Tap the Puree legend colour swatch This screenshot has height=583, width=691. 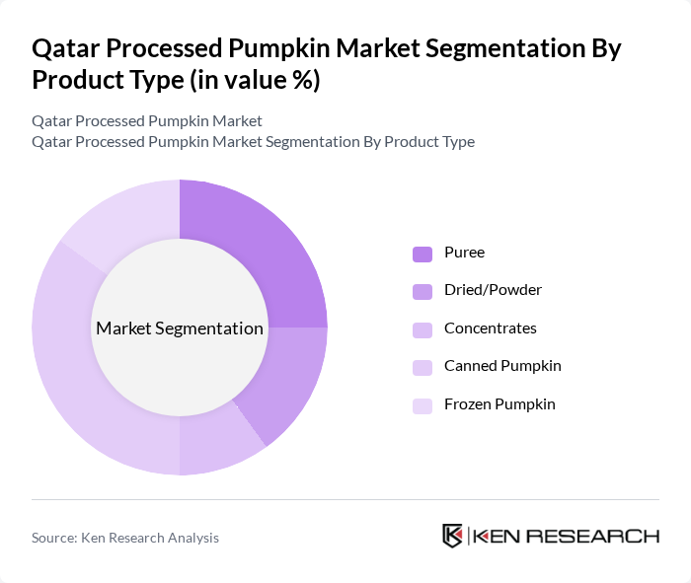tap(422, 254)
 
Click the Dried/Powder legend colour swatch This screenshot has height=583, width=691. tap(422, 291)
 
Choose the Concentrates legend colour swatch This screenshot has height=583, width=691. tap(422, 329)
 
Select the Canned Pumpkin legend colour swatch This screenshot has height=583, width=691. tap(422, 367)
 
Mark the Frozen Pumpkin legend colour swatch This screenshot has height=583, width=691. tap(422, 405)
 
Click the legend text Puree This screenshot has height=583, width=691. tap(464, 253)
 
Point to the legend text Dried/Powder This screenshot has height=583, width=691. tap(493, 290)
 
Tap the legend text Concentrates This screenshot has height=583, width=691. tap(491, 328)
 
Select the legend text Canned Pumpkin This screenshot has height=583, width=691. tap(502, 366)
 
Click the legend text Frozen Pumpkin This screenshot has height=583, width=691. tap(500, 404)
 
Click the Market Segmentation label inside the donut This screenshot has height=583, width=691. tap(180, 328)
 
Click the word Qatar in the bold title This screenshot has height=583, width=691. tap(67, 48)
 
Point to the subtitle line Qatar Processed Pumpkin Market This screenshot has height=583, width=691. tap(147, 120)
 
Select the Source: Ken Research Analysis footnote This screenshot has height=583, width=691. tap(125, 538)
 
